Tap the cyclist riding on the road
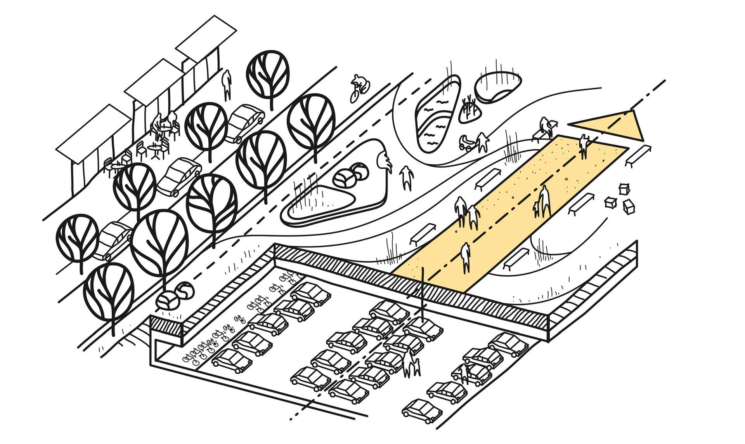coord(360,87)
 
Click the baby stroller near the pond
coord(467,143)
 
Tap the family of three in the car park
coord(411,363)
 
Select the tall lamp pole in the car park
coord(423,295)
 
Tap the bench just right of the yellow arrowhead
coord(638,155)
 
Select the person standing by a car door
coord(463,373)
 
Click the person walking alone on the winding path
coord(406,178)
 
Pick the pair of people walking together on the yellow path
coord(467,213)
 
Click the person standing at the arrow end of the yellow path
coord(584,146)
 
